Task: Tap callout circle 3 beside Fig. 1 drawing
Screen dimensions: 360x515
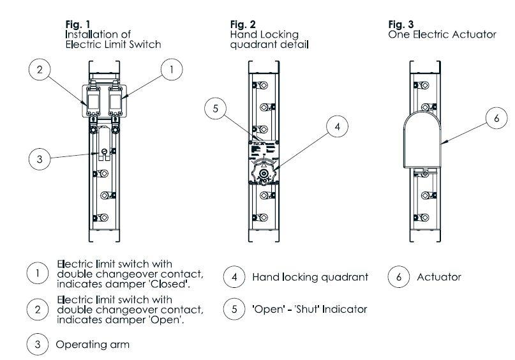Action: point(40,159)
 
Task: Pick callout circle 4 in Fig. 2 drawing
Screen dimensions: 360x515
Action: point(338,127)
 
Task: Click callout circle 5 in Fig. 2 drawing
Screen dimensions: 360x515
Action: point(216,109)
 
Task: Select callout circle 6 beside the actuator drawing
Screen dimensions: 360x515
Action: point(496,119)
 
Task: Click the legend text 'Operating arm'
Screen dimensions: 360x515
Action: point(93,345)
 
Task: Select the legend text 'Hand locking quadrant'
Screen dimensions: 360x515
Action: point(310,277)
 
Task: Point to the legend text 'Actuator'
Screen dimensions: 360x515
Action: point(438,277)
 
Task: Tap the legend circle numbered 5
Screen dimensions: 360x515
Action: point(234,310)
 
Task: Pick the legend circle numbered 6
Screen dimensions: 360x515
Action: point(399,277)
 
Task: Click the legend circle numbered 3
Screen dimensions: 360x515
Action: point(38,345)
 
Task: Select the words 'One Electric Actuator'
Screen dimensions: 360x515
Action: point(442,34)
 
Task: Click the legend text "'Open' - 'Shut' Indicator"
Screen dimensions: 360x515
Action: point(310,310)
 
